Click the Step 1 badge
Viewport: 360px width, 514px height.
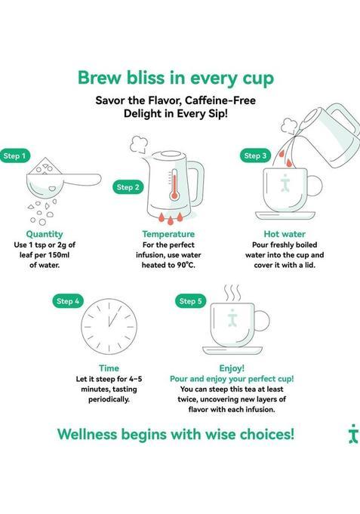coord(15,155)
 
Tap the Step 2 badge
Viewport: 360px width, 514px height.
coord(128,187)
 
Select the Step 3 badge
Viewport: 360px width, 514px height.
coord(255,155)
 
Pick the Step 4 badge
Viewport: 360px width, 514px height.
coord(68,301)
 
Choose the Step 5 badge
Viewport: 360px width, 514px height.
coord(190,301)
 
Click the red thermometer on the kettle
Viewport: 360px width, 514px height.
coord(174,185)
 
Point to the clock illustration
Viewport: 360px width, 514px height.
coord(109,327)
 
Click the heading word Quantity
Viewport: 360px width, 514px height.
coord(45,234)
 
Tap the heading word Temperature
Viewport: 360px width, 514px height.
coord(168,234)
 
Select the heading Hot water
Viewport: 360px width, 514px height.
coord(285,234)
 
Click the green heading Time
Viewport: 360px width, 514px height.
coord(109,368)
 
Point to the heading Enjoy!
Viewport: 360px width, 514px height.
coord(232,368)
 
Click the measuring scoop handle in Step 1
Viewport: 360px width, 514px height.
coord(84,180)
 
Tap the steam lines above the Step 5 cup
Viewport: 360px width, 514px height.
coord(232,294)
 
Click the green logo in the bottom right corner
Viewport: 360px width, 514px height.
coord(353,434)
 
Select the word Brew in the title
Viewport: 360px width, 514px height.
coord(100,78)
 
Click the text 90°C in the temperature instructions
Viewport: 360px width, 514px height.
coord(186,265)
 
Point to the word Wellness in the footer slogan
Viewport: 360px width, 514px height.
coord(87,434)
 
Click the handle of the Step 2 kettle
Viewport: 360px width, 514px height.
coord(198,183)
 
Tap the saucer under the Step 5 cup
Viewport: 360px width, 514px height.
coord(232,350)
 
